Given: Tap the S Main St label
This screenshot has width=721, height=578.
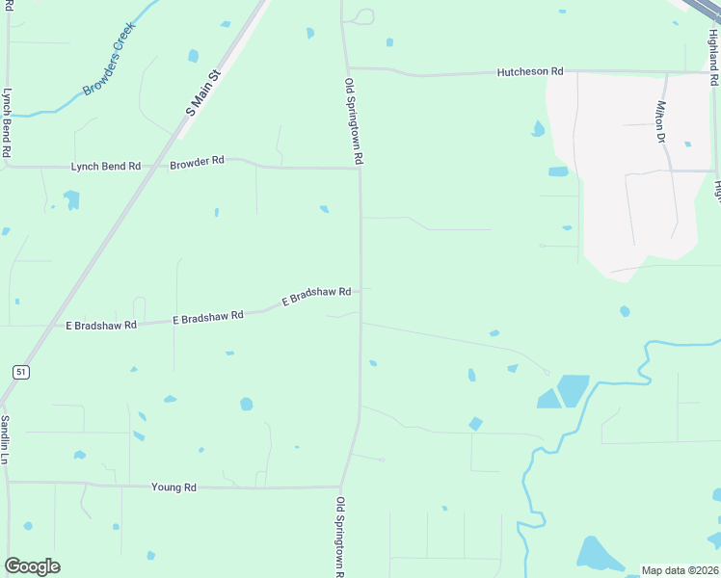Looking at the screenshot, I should pos(203,92).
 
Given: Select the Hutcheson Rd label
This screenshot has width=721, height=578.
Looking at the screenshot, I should pos(529,72).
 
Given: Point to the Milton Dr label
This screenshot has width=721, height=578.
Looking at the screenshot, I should pos(661,122).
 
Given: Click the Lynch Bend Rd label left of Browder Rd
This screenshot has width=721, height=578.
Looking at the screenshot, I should pos(105,167).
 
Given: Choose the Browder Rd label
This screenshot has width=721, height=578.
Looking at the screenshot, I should pos(197,161).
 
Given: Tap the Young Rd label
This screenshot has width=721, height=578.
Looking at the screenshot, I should pos(174,487).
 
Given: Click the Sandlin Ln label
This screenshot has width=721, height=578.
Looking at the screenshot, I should pos(5,439).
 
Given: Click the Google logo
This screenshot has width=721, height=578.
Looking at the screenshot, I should pos(32,566).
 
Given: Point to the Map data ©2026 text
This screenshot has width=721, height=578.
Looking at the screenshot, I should pos(680,570).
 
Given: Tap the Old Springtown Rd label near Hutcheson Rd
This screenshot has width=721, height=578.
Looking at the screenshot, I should pos(354,121).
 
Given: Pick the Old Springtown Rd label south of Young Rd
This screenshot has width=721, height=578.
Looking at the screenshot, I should pos(340,536).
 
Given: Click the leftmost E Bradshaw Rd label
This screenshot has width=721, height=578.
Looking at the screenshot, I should pos(101,326).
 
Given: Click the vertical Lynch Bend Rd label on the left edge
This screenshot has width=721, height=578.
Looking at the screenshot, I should pos(6,123).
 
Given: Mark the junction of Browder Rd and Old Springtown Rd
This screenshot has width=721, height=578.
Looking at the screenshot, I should pos(360,169).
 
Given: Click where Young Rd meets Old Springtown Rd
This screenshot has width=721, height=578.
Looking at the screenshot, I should pos(341,487).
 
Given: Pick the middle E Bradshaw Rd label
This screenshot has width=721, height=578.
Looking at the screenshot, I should pos(207,316).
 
